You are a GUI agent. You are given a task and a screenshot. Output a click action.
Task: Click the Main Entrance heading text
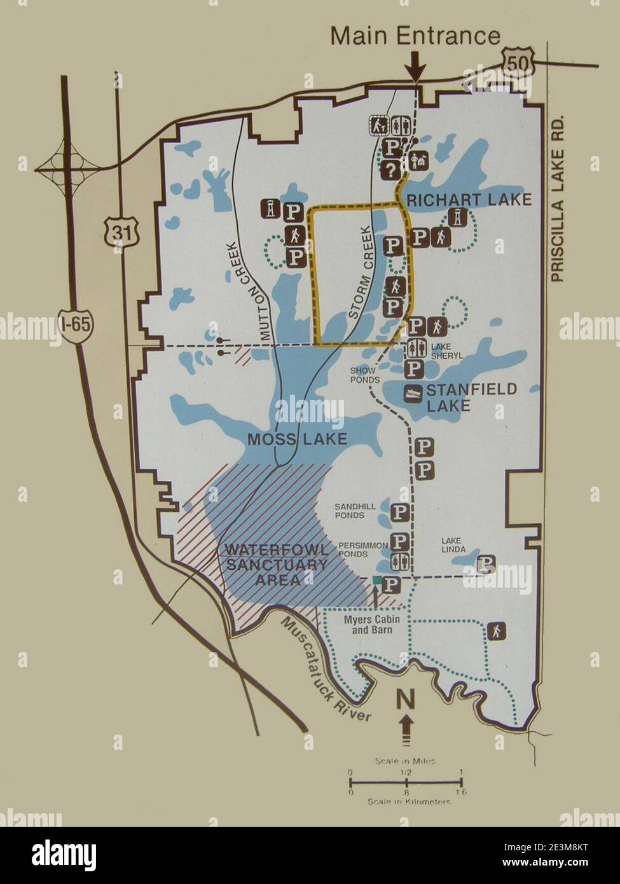(x=415, y=36)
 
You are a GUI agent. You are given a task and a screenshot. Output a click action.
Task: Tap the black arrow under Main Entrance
(x=415, y=66)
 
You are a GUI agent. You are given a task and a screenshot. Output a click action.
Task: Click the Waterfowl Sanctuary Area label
(x=277, y=563)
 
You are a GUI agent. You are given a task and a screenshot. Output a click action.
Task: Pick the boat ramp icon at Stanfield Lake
(x=413, y=393)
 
